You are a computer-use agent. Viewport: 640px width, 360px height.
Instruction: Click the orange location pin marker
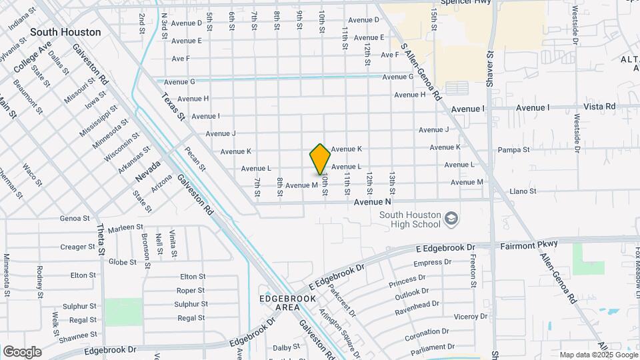point(320,159)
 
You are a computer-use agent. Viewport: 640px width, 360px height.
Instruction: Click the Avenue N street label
point(372,201)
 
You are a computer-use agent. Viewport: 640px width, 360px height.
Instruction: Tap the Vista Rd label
point(599,107)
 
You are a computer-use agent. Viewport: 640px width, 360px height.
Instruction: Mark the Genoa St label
point(75,218)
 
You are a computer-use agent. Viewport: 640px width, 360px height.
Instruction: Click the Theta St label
point(102,239)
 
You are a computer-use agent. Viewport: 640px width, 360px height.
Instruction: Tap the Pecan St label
point(195,160)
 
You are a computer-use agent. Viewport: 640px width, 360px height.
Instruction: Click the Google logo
point(22,351)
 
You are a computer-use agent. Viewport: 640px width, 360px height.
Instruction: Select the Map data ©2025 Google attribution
point(598,355)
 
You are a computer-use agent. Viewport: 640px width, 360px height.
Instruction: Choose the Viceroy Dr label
point(452,317)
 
